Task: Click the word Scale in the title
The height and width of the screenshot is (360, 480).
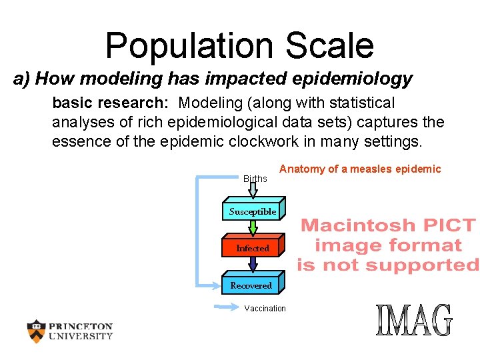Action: pos(330,45)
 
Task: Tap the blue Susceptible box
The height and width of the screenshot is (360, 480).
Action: pos(253,211)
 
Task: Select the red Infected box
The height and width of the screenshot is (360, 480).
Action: pos(253,248)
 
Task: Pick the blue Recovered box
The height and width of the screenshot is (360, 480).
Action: pos(251,285)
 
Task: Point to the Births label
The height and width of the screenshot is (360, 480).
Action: pos(255,179)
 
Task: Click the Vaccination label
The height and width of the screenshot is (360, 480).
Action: pos(265,309)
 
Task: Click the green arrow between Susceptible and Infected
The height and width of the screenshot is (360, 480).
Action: pos(253,229)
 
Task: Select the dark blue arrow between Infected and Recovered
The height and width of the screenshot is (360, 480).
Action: pos(253,265)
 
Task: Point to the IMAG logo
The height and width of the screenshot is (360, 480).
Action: pos(414,321)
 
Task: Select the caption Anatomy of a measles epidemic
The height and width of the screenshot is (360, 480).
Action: pos(360,169)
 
